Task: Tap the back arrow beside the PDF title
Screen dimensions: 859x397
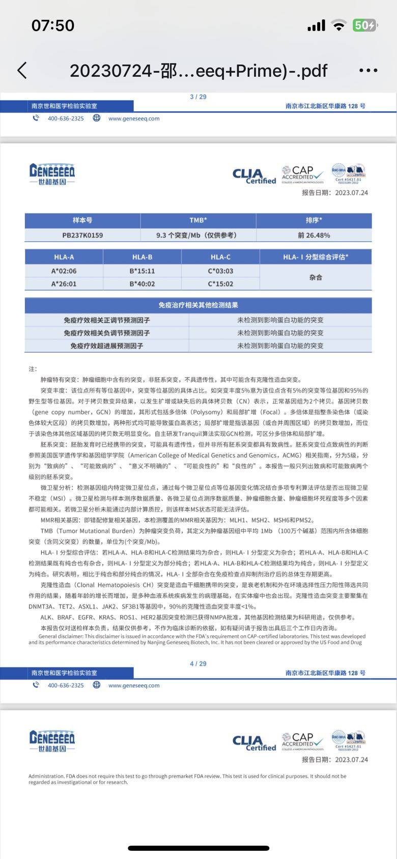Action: pyautogui.click(x=22, y=71)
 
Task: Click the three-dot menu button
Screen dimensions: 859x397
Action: pyautogui.click(x=368, y=71)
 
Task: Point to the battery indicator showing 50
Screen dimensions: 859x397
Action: pyautogui.click(x=365, y=25)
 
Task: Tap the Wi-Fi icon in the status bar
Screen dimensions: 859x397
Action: pyautogui.click(x=338, y=25)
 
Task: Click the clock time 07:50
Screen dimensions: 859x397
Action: pyautogui.click(x=53, y=25)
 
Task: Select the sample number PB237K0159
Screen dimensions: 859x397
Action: pyautogui.click(x=82, y=235)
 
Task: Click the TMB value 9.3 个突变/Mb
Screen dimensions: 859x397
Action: pyautogui.click(x=196, y=235)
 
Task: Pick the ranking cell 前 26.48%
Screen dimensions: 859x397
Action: pyautogui.click(x=314, y=235)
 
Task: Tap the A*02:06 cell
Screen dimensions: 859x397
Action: pyautogui.click(x=64, y=271)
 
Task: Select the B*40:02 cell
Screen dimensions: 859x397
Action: pyautogui.click(x=142, y=284)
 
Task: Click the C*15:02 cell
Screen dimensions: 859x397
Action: pyautogui.click(x=220, y=284)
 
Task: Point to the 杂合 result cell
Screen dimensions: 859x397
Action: pyautogui.click(x=316, y=277)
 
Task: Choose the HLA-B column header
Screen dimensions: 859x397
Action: pyautogui.click(x=142, y=257)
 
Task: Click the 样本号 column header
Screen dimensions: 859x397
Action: pyautogui.click(x=82, y=220)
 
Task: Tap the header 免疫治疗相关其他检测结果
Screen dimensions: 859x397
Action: pyautogui.click(x=198, y=305)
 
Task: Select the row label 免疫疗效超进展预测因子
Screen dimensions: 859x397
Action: pyautogui.click(x=107, y=346)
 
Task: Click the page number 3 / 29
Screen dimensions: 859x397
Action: pyautogui.click(x=198, y=97)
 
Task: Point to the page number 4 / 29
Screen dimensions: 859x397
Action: pyautogui.click(x=198, y=664)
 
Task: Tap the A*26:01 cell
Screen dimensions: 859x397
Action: pyautogui.click(x=64, y=284)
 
